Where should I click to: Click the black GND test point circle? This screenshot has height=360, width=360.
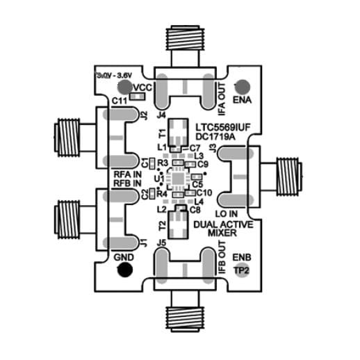(x=124, y=270)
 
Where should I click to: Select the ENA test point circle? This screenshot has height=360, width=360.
(x=243, y=87)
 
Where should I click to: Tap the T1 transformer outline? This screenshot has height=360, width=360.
(x=180, y=130)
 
